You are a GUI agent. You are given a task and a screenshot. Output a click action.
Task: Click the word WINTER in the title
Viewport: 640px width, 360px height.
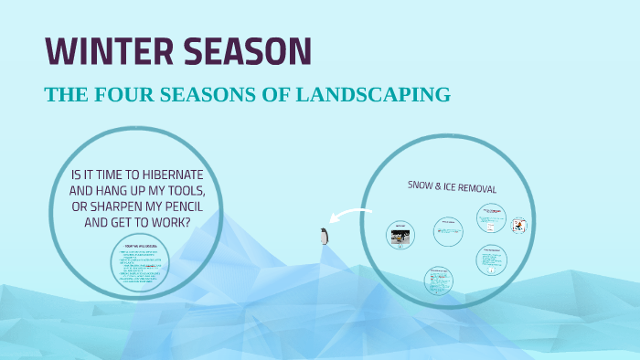[x=101, y=51]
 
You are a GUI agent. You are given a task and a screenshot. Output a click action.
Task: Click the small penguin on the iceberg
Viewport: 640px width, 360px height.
[x=324, y=236]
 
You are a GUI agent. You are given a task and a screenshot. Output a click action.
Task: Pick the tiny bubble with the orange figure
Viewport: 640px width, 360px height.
[x=518, y=225]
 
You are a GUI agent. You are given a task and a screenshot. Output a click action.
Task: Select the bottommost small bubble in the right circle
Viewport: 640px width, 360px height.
[x=439, y=279]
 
